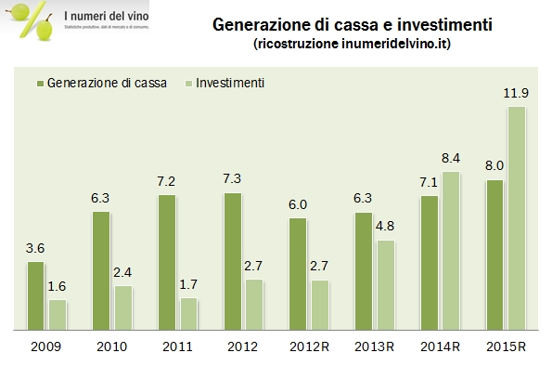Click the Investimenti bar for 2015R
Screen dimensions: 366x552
pyautogui.click(x=516, y=218)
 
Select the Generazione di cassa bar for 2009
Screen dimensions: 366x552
pyautogui.click(x=35, y=295)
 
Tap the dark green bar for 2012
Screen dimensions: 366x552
pyautogui.click(x=233, y=261)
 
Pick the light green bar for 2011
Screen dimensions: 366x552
pyautogui.click(x=188, y=314)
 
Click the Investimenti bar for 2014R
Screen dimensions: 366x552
pyautogui.click(x=450, y=251)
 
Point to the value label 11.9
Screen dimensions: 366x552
pyautogui.click(x=517, y=94)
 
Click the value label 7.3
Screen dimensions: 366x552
pyautogui.click(x=232, y=180)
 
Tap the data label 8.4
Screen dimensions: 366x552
pyautogui.click(x=450, y=159)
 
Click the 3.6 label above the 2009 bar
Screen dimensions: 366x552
pyautogui.click(x=35, y=249)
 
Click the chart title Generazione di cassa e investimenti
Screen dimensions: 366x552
pyautogui.click(x=340, y=24)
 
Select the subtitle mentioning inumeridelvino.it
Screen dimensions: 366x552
pyautogui.click(x=340, y=44)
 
